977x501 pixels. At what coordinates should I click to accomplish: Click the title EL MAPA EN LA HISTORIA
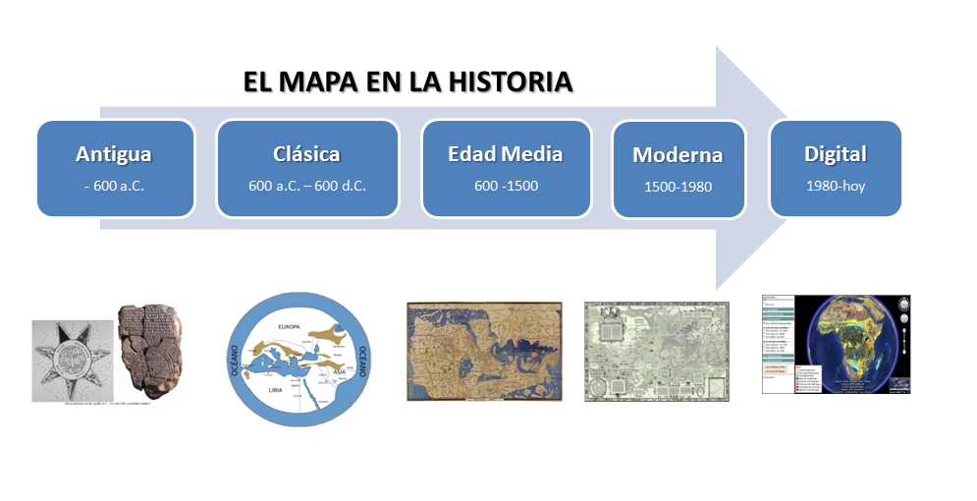(x=407, y=82)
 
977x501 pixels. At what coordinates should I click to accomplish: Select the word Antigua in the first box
(x=114, y=154)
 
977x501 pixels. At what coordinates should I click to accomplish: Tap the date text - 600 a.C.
(x=114, y=186)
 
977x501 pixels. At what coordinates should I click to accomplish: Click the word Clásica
(x=306, y=154)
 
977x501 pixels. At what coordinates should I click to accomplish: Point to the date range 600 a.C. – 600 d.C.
(x=306, y=186)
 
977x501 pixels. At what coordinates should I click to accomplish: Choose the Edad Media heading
(x=505, y=154)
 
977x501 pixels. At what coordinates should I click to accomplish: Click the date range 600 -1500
(x=505, y=186)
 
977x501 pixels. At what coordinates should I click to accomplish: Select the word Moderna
(x=677, y=155)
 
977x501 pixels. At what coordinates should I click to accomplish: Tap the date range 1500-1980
(x=677, y=187)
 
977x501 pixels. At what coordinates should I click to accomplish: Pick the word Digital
(x=835, y=154)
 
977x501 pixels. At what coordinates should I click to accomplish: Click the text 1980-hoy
(x=835, y=186)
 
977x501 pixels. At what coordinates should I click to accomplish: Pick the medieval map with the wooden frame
(x=485, y=351)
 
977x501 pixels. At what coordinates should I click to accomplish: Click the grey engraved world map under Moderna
(x=656, y=351)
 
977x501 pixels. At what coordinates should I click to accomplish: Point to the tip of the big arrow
(x=791, y=168)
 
